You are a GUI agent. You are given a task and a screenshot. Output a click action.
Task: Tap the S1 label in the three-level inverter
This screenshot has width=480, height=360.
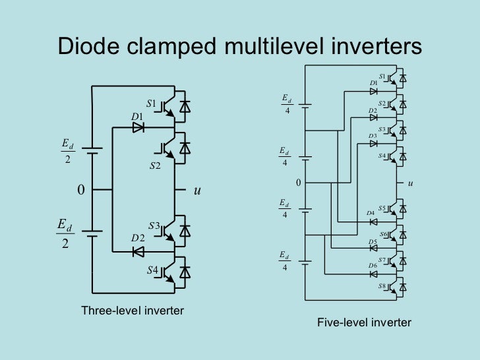pos(151,104)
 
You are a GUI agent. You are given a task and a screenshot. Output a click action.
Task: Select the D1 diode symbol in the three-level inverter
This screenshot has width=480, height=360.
pos(138,128)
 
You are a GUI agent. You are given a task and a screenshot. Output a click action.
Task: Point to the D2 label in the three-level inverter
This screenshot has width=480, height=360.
pos(137,237)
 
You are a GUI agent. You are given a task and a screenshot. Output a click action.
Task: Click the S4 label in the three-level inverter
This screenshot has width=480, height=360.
pos(152,270)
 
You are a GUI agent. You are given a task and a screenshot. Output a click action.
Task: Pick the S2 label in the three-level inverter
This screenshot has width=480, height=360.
pos(155,165)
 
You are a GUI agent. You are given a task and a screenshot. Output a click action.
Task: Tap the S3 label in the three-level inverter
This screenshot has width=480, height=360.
pos(154,226)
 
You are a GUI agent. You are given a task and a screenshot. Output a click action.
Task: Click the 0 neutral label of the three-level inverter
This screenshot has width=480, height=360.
pos(80,191)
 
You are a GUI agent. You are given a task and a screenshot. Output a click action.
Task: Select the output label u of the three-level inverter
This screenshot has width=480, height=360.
pos(196,191)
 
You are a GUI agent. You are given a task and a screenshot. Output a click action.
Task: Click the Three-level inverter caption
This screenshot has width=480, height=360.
pos(132,310)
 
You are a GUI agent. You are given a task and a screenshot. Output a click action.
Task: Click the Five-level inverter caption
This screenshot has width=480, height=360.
pos(364,322)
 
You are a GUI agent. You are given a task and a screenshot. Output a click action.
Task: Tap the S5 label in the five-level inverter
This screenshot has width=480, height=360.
pos(382,208)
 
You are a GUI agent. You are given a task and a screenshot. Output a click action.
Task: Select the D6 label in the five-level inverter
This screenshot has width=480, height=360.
pos(373,265)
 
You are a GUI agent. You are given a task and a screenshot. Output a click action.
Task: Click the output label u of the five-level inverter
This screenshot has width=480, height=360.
pos(410,183)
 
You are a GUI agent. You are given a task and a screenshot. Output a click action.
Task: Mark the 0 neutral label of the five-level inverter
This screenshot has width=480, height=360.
pos(298,183)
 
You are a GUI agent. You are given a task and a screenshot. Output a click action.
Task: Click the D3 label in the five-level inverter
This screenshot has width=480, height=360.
pos(373,136)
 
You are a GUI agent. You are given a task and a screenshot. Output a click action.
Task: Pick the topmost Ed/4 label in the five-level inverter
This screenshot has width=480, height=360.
pos(287,104)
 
